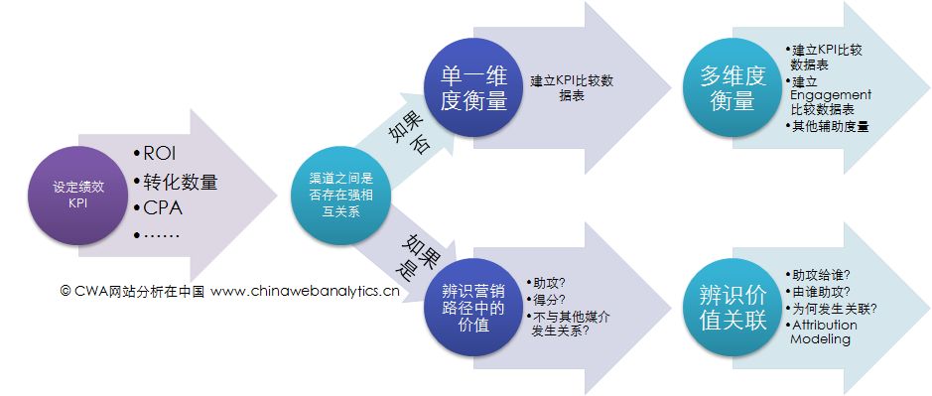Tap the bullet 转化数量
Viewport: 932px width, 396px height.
[180, 183]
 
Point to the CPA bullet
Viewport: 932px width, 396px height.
[161, 209]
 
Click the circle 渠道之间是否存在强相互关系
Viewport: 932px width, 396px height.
[339, 193]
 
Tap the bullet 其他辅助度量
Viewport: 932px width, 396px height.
[823, 127]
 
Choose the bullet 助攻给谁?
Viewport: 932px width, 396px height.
[823, 275]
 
